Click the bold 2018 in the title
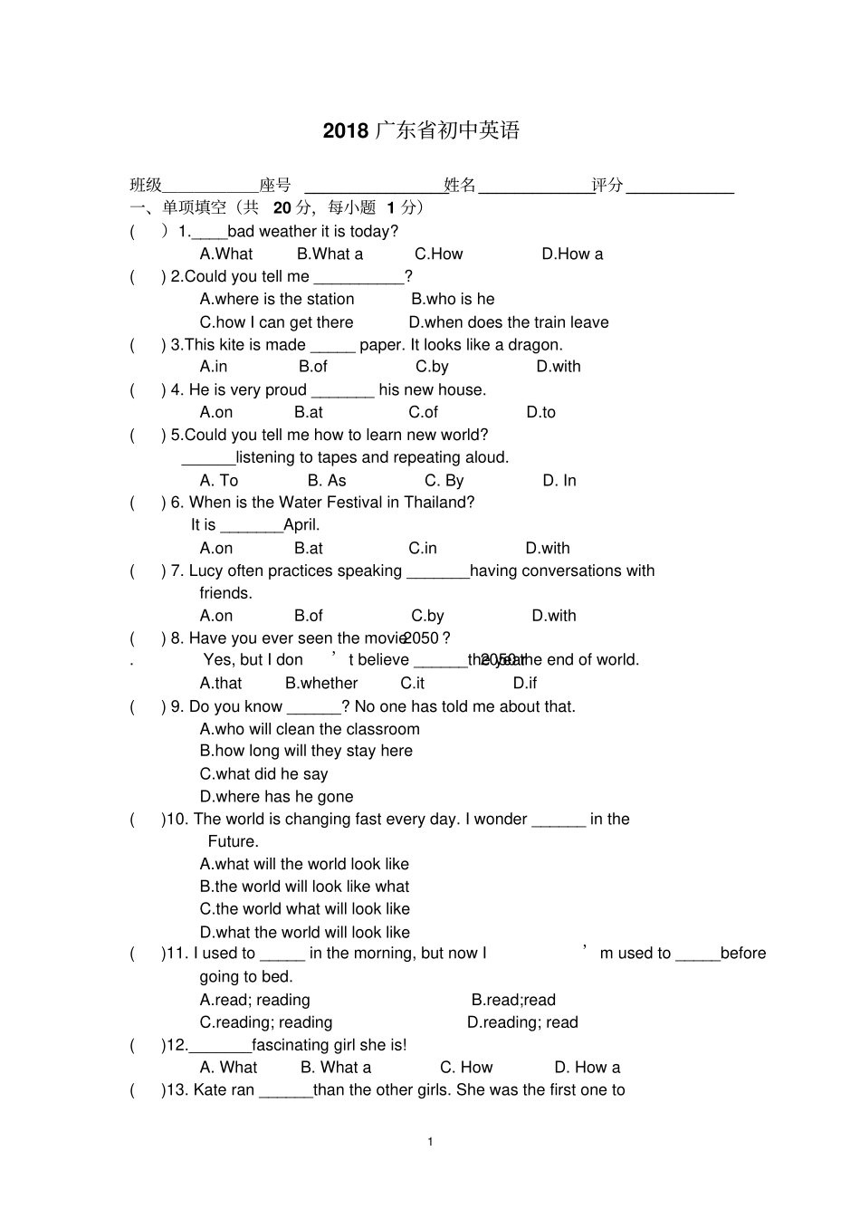point(346,131)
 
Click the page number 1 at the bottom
point(430,1141)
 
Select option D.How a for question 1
point(572,254)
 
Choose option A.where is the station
point(277,300)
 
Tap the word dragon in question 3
point(533,345)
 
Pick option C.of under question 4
point(423,413)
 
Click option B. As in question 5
point(327,481)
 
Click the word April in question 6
point(301,525)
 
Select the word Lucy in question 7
point(206,571)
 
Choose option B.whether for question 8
point(321,684)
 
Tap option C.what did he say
point(263,774)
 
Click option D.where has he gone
point(276,797)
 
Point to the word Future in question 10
point(233,842)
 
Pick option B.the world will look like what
point(304,887)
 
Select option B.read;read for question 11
point(513,1001)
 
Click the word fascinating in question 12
point(290,1045)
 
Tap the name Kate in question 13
point(210,1090)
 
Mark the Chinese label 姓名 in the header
point(460,186)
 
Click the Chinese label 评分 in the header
point(607,186)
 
